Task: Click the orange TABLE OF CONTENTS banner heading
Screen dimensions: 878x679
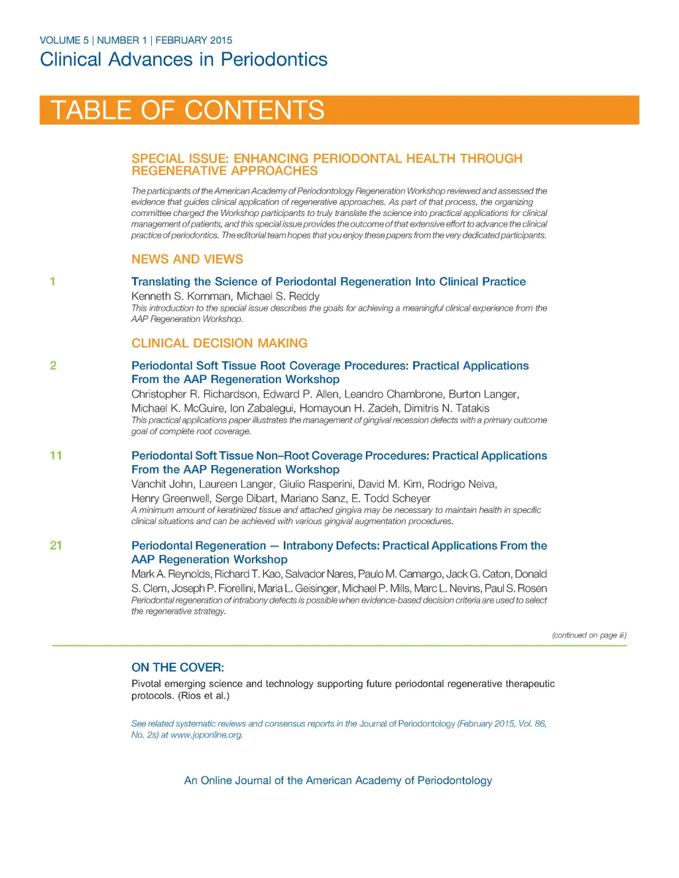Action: [188, 110]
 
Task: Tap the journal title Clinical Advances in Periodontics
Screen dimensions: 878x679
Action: [184, 60]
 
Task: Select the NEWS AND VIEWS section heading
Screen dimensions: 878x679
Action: [187, 259]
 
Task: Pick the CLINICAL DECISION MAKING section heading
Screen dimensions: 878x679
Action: [219, 343]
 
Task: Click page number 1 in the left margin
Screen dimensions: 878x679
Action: [53, 282]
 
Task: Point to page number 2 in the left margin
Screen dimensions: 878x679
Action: [53, 366]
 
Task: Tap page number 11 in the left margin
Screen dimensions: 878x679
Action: [56, 456]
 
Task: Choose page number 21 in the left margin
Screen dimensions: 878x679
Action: [56, 546]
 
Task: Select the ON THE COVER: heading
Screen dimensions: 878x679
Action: [178, 667]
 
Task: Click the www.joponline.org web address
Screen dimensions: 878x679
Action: [206, 735]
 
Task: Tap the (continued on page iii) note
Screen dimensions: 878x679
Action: [589, 635]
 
